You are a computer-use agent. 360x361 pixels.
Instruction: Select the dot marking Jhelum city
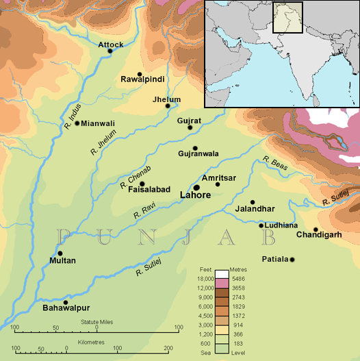(166, 107)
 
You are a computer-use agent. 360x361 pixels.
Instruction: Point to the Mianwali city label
(98, 123)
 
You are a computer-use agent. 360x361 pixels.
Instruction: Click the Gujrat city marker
(190, 127)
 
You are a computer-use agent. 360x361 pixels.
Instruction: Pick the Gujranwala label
(198, 153)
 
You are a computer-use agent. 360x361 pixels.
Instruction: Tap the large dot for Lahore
(196, 187)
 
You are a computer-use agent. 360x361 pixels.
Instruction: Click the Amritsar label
(219, 177)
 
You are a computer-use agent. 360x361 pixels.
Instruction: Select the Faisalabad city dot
(142, 184)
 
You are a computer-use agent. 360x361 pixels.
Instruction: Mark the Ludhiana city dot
(261, 225)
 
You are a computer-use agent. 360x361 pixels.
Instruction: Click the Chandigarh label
(319, 236)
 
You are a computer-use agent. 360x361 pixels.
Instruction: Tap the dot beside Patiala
(292, 259)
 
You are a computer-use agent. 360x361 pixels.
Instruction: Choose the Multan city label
(63, 261)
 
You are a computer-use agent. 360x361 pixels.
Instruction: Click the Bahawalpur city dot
(66, 302)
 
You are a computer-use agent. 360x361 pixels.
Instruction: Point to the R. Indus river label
(73, 114)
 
